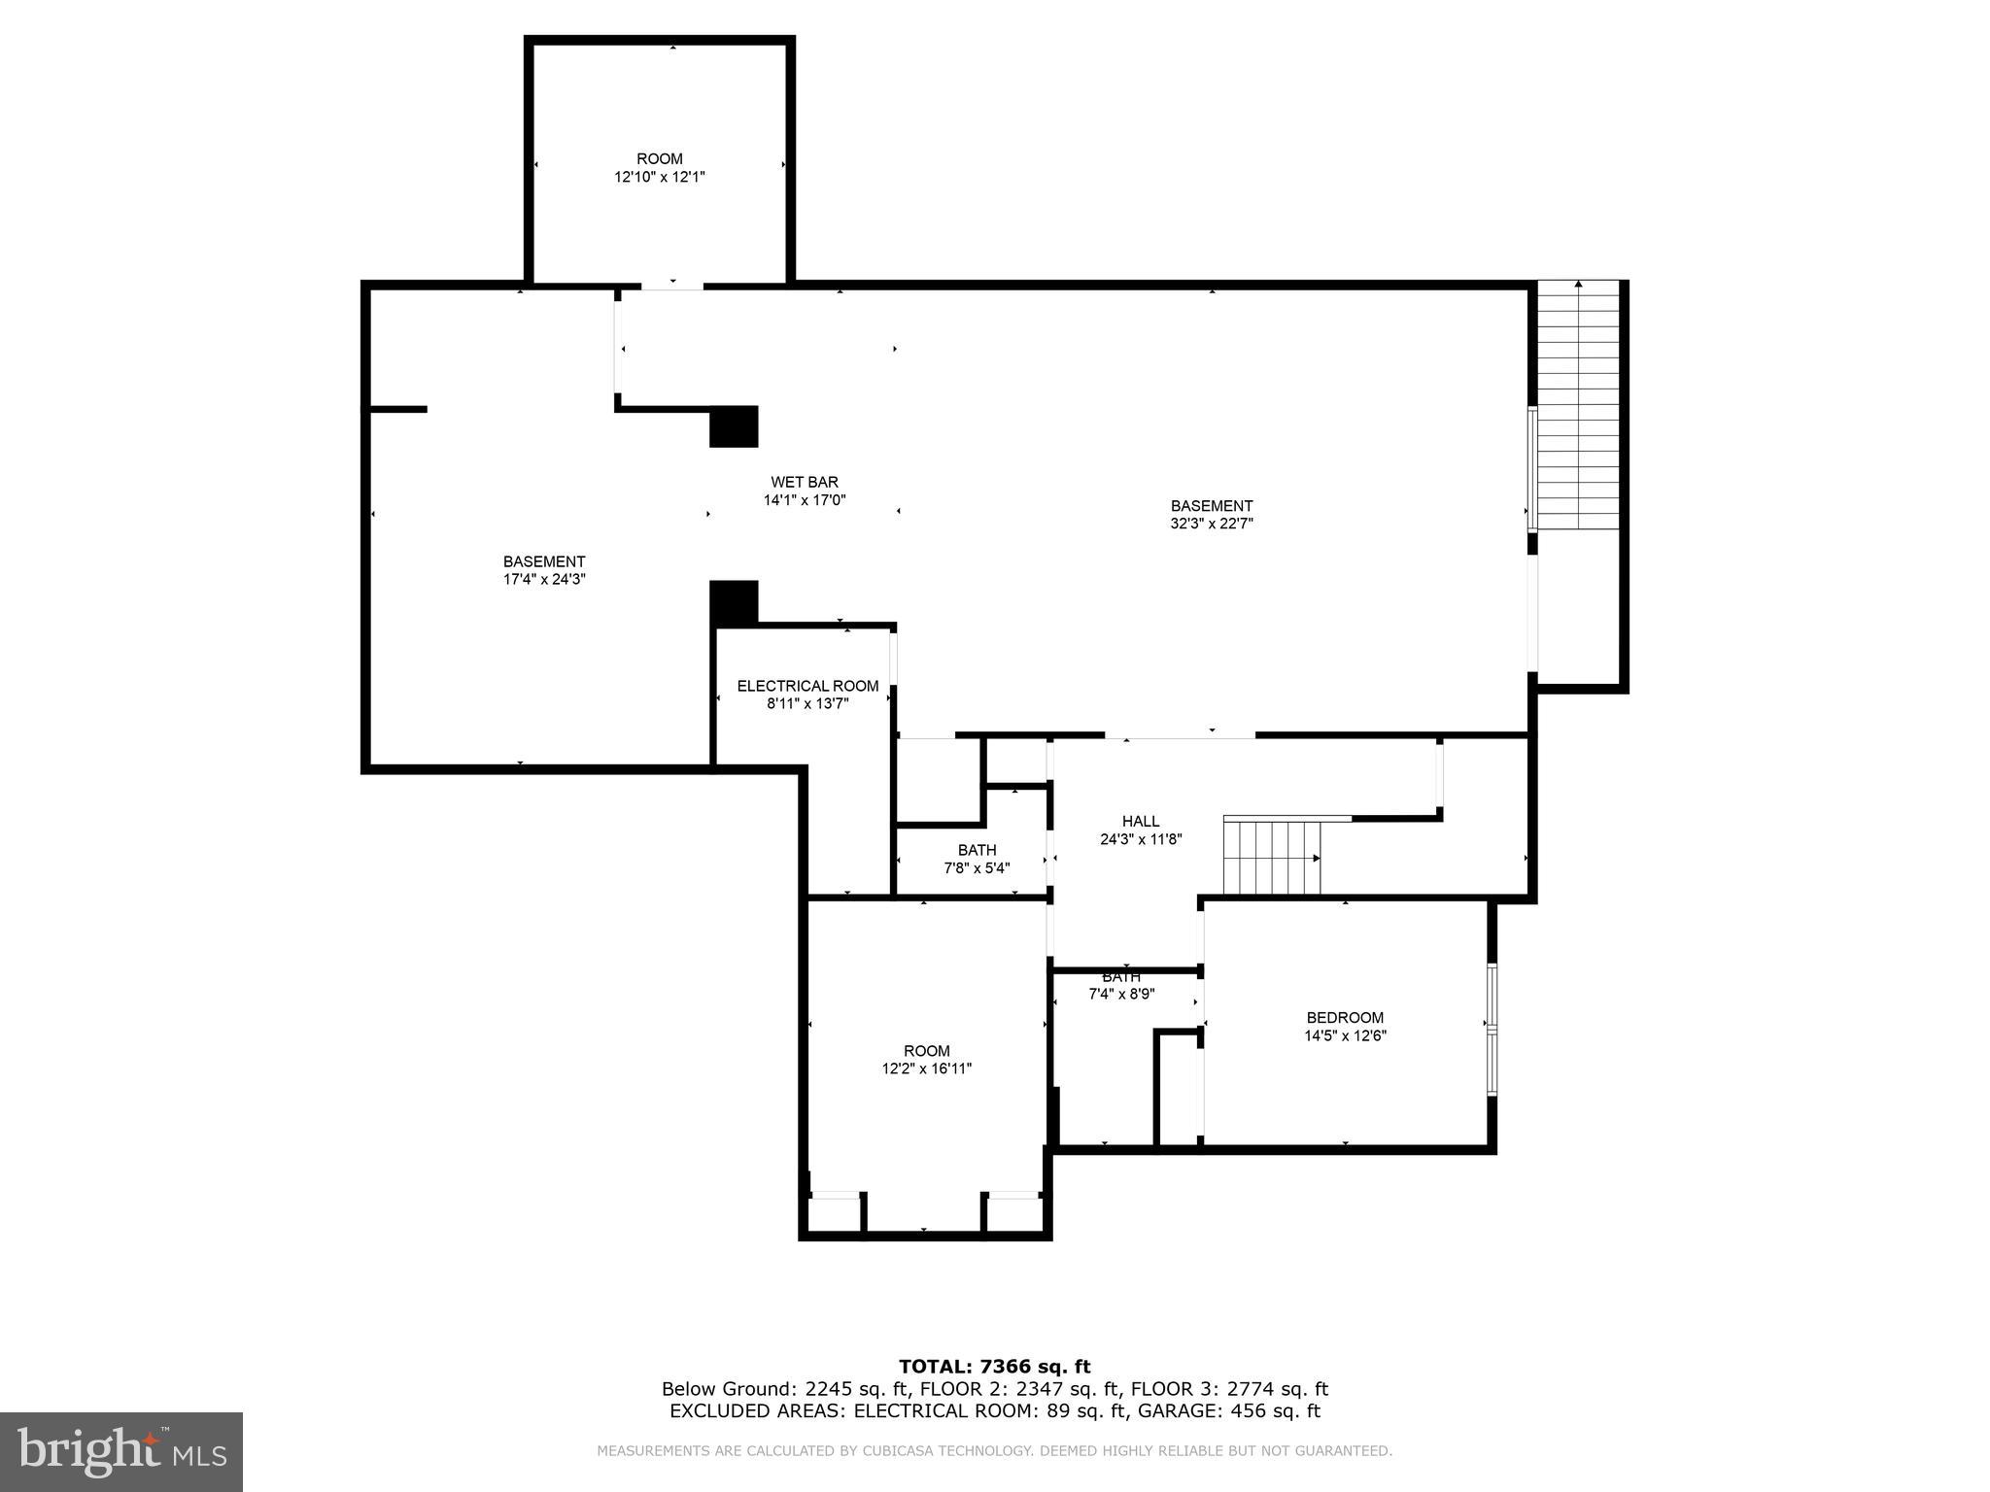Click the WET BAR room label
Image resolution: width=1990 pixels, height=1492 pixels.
[x=805, y=482]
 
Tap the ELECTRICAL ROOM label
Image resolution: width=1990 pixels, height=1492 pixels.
[x=807, y=686]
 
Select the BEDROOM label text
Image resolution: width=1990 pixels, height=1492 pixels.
[x=1345, y=1018]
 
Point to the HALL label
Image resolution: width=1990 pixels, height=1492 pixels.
[x=1140, y=822]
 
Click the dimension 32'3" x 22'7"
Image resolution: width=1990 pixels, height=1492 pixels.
[x=1212, y=524]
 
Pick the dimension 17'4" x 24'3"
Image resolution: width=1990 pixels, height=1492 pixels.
[x=544, y=580]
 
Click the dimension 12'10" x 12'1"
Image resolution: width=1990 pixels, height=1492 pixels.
[x=659, y=177]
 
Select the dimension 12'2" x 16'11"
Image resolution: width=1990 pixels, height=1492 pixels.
[x=926, y=1068]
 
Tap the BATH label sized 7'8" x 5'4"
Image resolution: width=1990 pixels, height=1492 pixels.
[x=977, y=851]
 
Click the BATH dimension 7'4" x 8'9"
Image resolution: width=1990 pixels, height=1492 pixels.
[x=1120, y=994]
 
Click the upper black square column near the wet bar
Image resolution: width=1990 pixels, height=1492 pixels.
[x=734, y=426]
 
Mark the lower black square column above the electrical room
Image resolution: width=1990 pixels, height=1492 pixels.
[x=734, y=602]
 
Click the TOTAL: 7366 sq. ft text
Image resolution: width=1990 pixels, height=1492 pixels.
[x=994, y=1367]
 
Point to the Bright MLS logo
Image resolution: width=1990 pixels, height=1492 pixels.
[x=120, y=1451]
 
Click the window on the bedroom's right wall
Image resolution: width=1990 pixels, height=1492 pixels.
[x=1492, y=1030]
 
